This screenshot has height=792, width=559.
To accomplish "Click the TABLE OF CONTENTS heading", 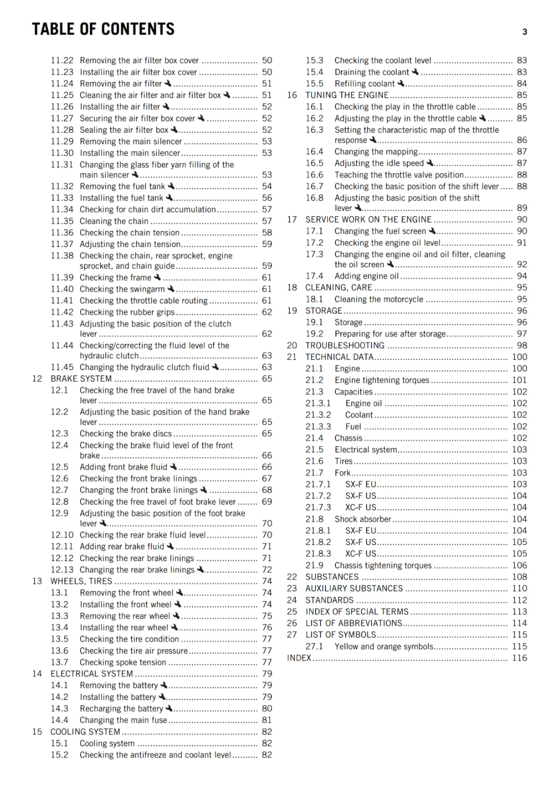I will coord(103,29).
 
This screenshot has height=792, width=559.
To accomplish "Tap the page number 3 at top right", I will coord(524,32).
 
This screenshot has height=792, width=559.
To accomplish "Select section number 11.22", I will coord(62,60).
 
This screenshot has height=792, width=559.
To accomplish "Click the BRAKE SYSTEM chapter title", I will coord(81,379).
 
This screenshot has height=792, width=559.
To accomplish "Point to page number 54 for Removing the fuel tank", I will coord(267,186).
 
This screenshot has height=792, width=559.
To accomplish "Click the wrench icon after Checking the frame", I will coord(157,277).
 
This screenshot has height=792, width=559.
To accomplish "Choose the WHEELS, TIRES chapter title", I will coord(81,581).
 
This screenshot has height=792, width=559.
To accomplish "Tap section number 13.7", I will coord(59,662).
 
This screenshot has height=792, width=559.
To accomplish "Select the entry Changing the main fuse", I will coord(123,720).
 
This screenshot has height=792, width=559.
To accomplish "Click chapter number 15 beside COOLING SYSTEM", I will coord(37,732).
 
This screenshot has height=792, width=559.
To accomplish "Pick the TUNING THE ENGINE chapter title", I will coord(347,95).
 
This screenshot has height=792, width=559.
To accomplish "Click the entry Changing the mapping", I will coord(376,151).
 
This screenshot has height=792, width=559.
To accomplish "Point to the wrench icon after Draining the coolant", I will coord(415,72).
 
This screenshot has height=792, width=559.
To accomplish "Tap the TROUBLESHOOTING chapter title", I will coord(345,346).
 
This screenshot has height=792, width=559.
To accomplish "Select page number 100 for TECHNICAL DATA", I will coord(519,357).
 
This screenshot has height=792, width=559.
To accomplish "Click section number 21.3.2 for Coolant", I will coord(318,415).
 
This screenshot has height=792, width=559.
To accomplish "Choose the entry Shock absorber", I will coord(363,519).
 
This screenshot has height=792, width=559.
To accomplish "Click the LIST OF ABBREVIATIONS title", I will coord(354,623).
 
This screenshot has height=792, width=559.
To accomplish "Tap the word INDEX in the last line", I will coord(299,658).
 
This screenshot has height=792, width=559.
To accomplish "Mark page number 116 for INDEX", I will coord(519,658).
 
